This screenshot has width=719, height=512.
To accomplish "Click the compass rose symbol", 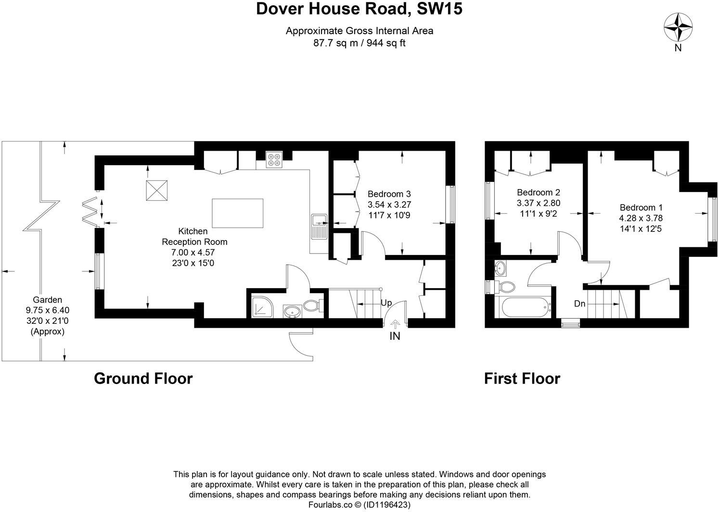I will [678, 27].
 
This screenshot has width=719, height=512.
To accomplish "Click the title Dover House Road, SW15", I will [359, 9].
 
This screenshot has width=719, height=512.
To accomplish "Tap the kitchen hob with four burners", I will [275, 159].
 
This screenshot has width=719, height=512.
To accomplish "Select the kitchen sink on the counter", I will [319, 226].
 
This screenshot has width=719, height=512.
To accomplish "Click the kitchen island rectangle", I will [237, 213].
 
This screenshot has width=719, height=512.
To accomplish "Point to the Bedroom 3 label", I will [389, 194].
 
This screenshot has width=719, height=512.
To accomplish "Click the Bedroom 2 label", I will [538, 192].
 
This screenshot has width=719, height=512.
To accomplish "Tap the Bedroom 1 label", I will [641, 207].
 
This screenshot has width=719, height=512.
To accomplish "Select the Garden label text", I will [47, 300].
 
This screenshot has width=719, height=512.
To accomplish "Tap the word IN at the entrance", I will [395, 336].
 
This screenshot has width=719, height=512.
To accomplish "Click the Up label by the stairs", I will [386, 303].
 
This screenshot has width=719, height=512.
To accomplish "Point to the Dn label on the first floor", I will [579, 304].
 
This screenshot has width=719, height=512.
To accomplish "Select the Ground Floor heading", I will [143, 379].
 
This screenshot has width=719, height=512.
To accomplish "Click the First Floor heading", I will [522, 379].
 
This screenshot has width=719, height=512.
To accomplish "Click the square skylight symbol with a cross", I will [157, 191].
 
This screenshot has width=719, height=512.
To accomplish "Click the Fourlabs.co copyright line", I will [359, 505].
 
